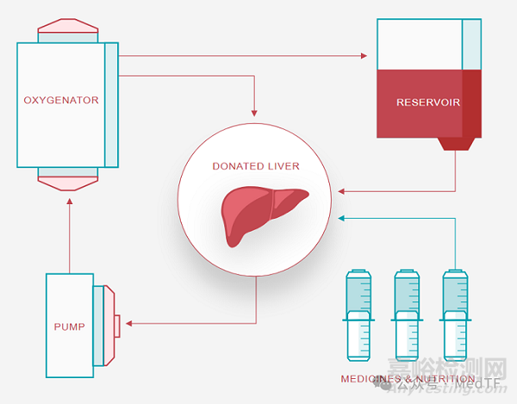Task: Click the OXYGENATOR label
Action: pos(61,100)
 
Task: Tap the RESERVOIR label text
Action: pos(427,103)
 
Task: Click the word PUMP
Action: pos(69,326)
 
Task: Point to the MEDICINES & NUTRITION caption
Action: pos(408,379)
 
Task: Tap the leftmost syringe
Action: pos(358,314)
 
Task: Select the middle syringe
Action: pos(406,314)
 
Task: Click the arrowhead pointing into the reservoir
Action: pos(364,57)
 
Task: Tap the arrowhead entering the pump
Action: pos(128,324)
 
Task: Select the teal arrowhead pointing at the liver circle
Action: pos(342,218)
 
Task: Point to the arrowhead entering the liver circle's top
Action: pos(254,113)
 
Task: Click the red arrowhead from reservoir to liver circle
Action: pos(342,190)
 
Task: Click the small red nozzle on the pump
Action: pos(115,324)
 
